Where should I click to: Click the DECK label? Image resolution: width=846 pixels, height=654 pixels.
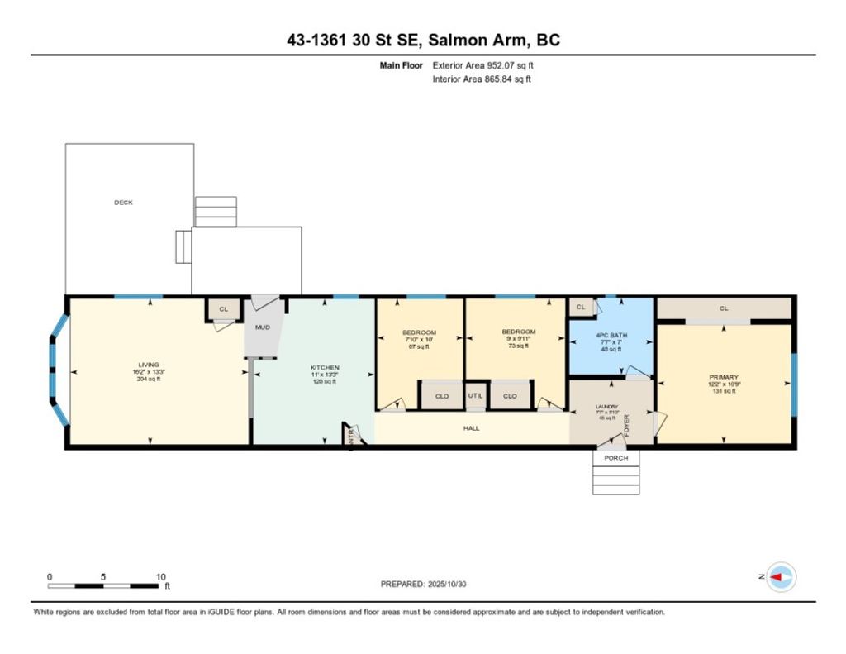point(123,202)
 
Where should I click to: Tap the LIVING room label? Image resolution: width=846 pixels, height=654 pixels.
point(149,365)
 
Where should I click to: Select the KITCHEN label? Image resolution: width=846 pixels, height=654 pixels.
point(324,368)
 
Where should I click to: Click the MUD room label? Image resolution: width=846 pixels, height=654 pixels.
point(262,327)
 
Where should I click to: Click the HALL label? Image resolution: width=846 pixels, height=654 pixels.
point(472,428)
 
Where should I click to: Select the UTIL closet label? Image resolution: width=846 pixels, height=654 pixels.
point(475,396)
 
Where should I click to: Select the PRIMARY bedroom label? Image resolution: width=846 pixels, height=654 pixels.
point(724,377)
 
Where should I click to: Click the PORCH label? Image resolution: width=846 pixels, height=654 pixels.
point(615,458)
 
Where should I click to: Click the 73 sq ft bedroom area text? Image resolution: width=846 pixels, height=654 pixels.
point(519,346)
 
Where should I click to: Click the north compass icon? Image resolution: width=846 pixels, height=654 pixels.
point(782,577)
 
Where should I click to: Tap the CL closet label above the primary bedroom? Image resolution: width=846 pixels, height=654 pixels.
point(724,308)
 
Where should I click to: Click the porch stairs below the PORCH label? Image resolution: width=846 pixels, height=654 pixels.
point(615,480)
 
